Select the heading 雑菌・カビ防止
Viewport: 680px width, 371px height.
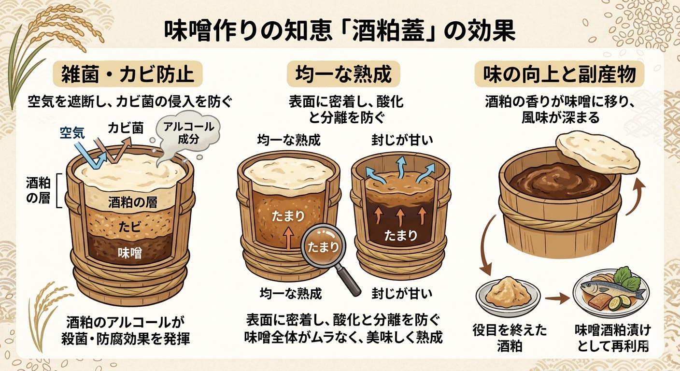128,74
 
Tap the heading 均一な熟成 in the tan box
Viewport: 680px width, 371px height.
343,74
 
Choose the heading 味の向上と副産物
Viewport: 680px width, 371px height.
559,74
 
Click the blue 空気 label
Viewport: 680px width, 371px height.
72,133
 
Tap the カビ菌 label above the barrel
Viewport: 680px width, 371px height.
126,128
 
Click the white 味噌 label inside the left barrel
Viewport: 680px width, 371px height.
130,253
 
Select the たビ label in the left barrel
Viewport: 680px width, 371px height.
130,227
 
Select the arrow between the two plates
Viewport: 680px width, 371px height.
557,299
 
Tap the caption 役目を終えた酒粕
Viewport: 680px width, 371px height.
510,338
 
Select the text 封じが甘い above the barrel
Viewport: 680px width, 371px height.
402,140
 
